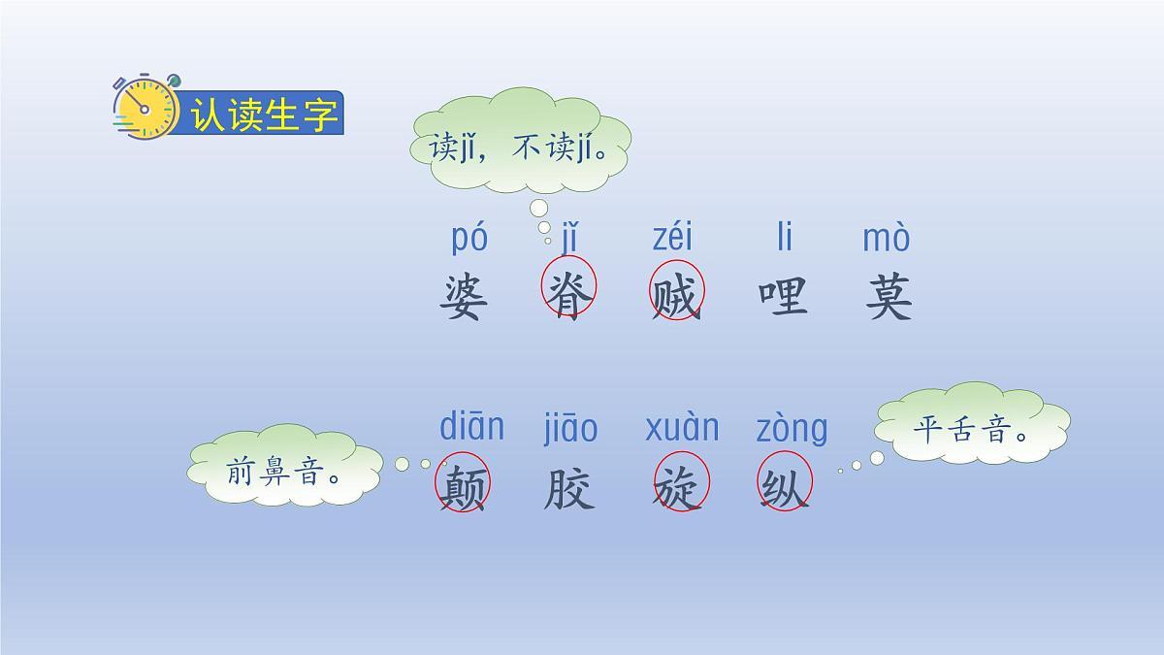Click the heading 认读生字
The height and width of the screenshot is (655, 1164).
[264, 115]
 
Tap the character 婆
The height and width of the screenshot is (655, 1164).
[464, 297]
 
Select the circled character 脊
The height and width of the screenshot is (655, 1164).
[568, 293]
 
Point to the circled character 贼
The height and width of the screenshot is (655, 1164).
[676, 293]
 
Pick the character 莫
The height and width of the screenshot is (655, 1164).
[889, 297]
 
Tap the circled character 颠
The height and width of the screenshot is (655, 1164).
[464, 484]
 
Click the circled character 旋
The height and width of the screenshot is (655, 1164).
[681, 484]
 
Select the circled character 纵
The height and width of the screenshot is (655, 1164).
[784, 484]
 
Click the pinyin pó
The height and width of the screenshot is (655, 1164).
[469, 239]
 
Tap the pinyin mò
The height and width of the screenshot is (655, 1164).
[887, 238]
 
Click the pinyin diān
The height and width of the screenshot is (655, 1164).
[472, 426]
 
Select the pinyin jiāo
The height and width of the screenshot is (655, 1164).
[570, 428]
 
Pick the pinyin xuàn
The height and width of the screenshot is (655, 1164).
[682, 427]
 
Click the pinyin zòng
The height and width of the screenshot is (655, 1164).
[792, 428]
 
